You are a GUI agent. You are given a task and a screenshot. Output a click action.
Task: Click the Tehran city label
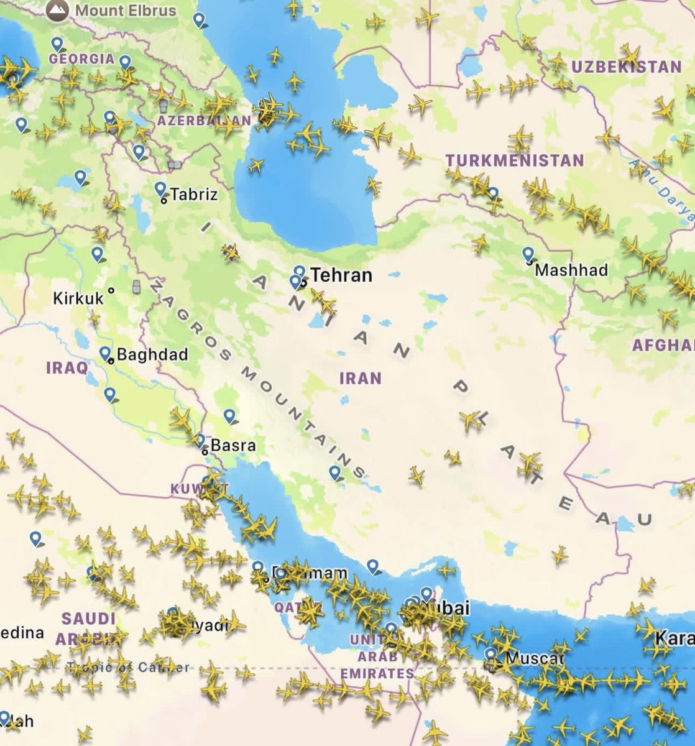click(341, 275)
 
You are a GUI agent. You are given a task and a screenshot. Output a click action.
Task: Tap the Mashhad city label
click(571, 270)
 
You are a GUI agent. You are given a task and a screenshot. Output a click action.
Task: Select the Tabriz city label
click(193, 195)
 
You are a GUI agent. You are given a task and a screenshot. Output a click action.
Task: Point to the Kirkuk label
click(78, 298)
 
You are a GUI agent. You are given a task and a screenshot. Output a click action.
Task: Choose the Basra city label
click(233, 446)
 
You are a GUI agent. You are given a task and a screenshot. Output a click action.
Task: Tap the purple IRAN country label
click(360, 378)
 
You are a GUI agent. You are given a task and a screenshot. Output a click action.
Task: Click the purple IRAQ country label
click(67, 367)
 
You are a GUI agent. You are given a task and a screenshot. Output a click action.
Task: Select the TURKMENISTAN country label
click(515, 160)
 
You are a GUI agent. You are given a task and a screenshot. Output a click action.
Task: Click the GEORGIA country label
click(81, 59)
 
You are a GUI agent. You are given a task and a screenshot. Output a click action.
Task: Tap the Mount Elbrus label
click(126, 11)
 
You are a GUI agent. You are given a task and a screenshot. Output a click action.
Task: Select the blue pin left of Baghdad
click(104, 354)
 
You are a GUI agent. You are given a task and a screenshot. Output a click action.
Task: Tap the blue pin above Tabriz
click(160, 188)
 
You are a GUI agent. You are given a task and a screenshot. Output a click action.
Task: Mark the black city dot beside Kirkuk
click(111, 290)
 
